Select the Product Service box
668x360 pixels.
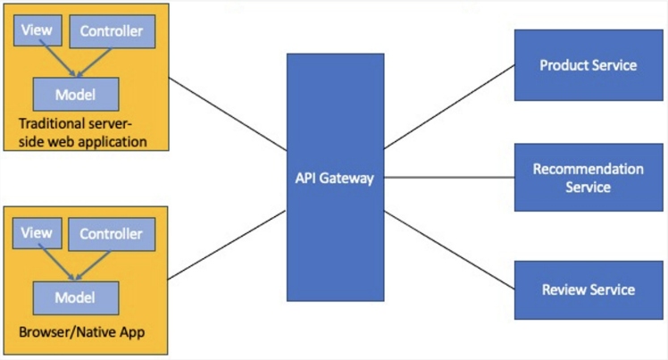[589, 65]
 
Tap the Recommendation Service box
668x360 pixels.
[589, 178]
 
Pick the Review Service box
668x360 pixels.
[589, 289]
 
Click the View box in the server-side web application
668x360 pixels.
[36, 31]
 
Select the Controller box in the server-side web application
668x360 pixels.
[112, 32]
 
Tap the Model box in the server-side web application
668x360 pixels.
[76, 94]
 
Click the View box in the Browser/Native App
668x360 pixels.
[36, 234]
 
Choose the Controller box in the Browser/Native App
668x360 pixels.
[112, 235]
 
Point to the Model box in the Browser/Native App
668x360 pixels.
[76, 297]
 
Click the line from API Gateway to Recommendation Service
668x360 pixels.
[448, 178]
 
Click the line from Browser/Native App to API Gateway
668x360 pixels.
[227, 244]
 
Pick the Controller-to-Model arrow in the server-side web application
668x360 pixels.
[95, 63]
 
